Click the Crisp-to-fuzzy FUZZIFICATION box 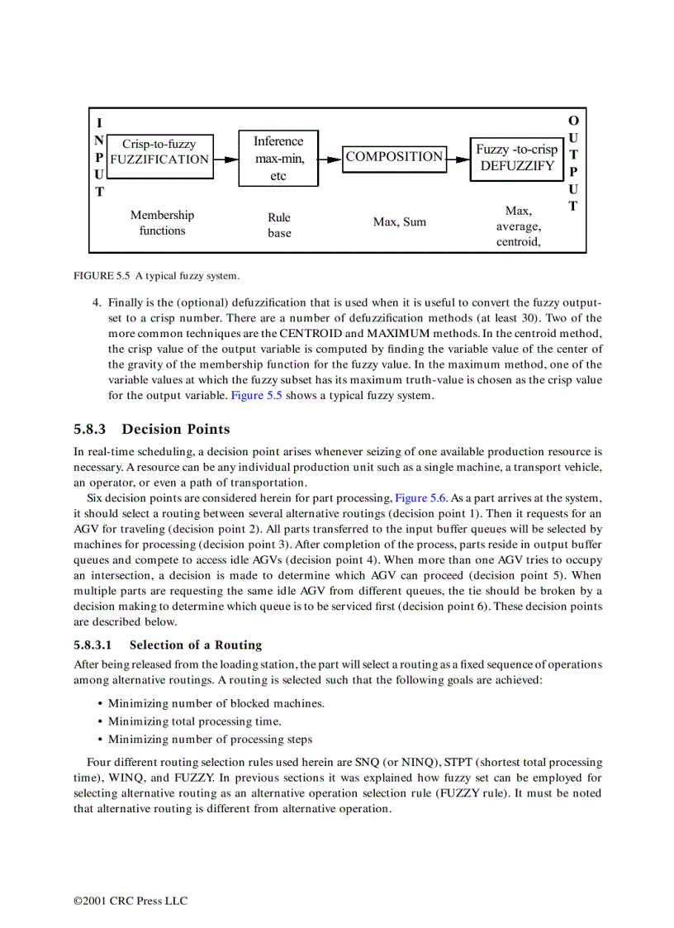point(159,152)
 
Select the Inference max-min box point(278,159)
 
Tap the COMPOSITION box point(394,156)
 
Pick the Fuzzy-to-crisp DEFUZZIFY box point(516,158)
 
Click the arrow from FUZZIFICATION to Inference point(225,159)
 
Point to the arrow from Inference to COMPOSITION point(330,159)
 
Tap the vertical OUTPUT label point(573,163)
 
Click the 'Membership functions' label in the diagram point(162,223)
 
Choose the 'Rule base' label point(279,225)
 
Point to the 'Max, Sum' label point(400,222)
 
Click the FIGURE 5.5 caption point(156,275)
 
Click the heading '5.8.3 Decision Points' point(152,429)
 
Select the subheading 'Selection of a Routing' point(195,645)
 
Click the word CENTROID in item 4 point(311,333)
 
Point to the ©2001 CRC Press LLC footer point(131,901)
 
